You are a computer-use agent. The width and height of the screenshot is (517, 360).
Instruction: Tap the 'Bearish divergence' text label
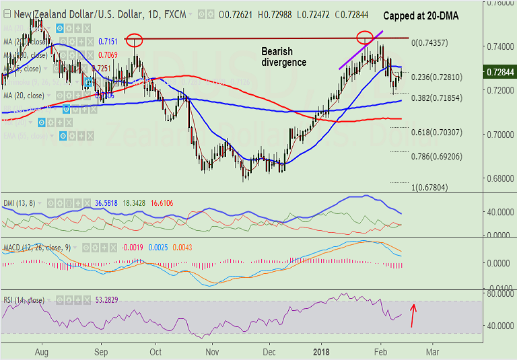pos(283,57)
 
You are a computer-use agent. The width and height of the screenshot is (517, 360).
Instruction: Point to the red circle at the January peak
pos(365,36)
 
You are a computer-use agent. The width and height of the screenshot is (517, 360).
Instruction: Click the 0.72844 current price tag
pos(500,71)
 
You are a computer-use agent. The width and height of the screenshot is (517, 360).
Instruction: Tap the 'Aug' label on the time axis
pos(41,351)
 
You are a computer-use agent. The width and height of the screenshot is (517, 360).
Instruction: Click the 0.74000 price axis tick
pos(500,46)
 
